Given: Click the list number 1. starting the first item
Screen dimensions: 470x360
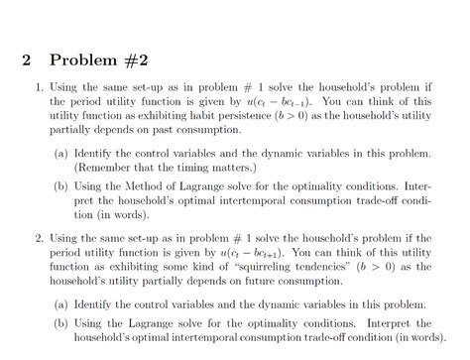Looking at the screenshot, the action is click(37, 87).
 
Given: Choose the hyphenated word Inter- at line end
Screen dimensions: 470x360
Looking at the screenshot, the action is click(417, 186).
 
